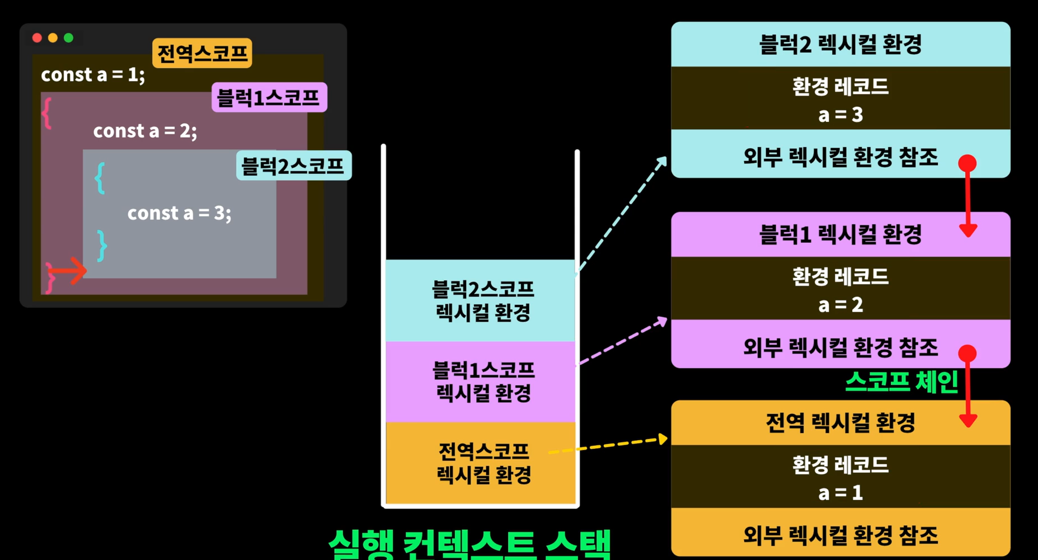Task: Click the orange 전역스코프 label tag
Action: point(202,54)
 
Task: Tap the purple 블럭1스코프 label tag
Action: point(269,98)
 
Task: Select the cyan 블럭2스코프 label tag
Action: point(293,166)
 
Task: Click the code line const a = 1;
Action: point(93,75)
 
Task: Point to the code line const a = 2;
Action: point(145,131)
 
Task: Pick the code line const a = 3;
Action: point(179,213)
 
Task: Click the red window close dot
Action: point(37,37)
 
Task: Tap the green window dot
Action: point(68,37)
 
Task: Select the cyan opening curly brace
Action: point(100,178)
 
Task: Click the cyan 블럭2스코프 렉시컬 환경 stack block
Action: point(481,300)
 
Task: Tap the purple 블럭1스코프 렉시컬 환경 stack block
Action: point(481,382)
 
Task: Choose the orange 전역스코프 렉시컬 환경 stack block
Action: point(481,463)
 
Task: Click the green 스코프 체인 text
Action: point(901,382)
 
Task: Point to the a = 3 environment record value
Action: point(840,115)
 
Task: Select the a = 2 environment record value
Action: point(840,305)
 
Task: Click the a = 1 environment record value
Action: point(840,493)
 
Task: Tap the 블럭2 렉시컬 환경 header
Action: point(840,44)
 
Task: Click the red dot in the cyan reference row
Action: point(967,163)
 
